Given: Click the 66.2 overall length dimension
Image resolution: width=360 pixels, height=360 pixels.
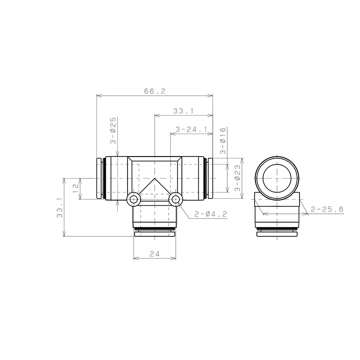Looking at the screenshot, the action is pos(155,91).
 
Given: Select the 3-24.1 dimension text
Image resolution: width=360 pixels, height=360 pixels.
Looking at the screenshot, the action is pos(191,129).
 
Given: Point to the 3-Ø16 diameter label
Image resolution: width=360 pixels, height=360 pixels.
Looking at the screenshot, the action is pos(223,141).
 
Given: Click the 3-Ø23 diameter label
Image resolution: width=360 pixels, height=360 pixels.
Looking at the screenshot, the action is pos(238,178).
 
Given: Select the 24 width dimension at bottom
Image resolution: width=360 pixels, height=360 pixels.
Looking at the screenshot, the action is pos(155,254).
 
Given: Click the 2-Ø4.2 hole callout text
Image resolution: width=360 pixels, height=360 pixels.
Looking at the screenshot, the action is pos(210,214).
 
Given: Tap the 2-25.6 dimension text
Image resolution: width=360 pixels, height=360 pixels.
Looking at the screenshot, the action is pos(327,209).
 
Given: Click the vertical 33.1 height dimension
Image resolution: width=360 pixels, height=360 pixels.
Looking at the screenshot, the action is pos(60,210).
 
